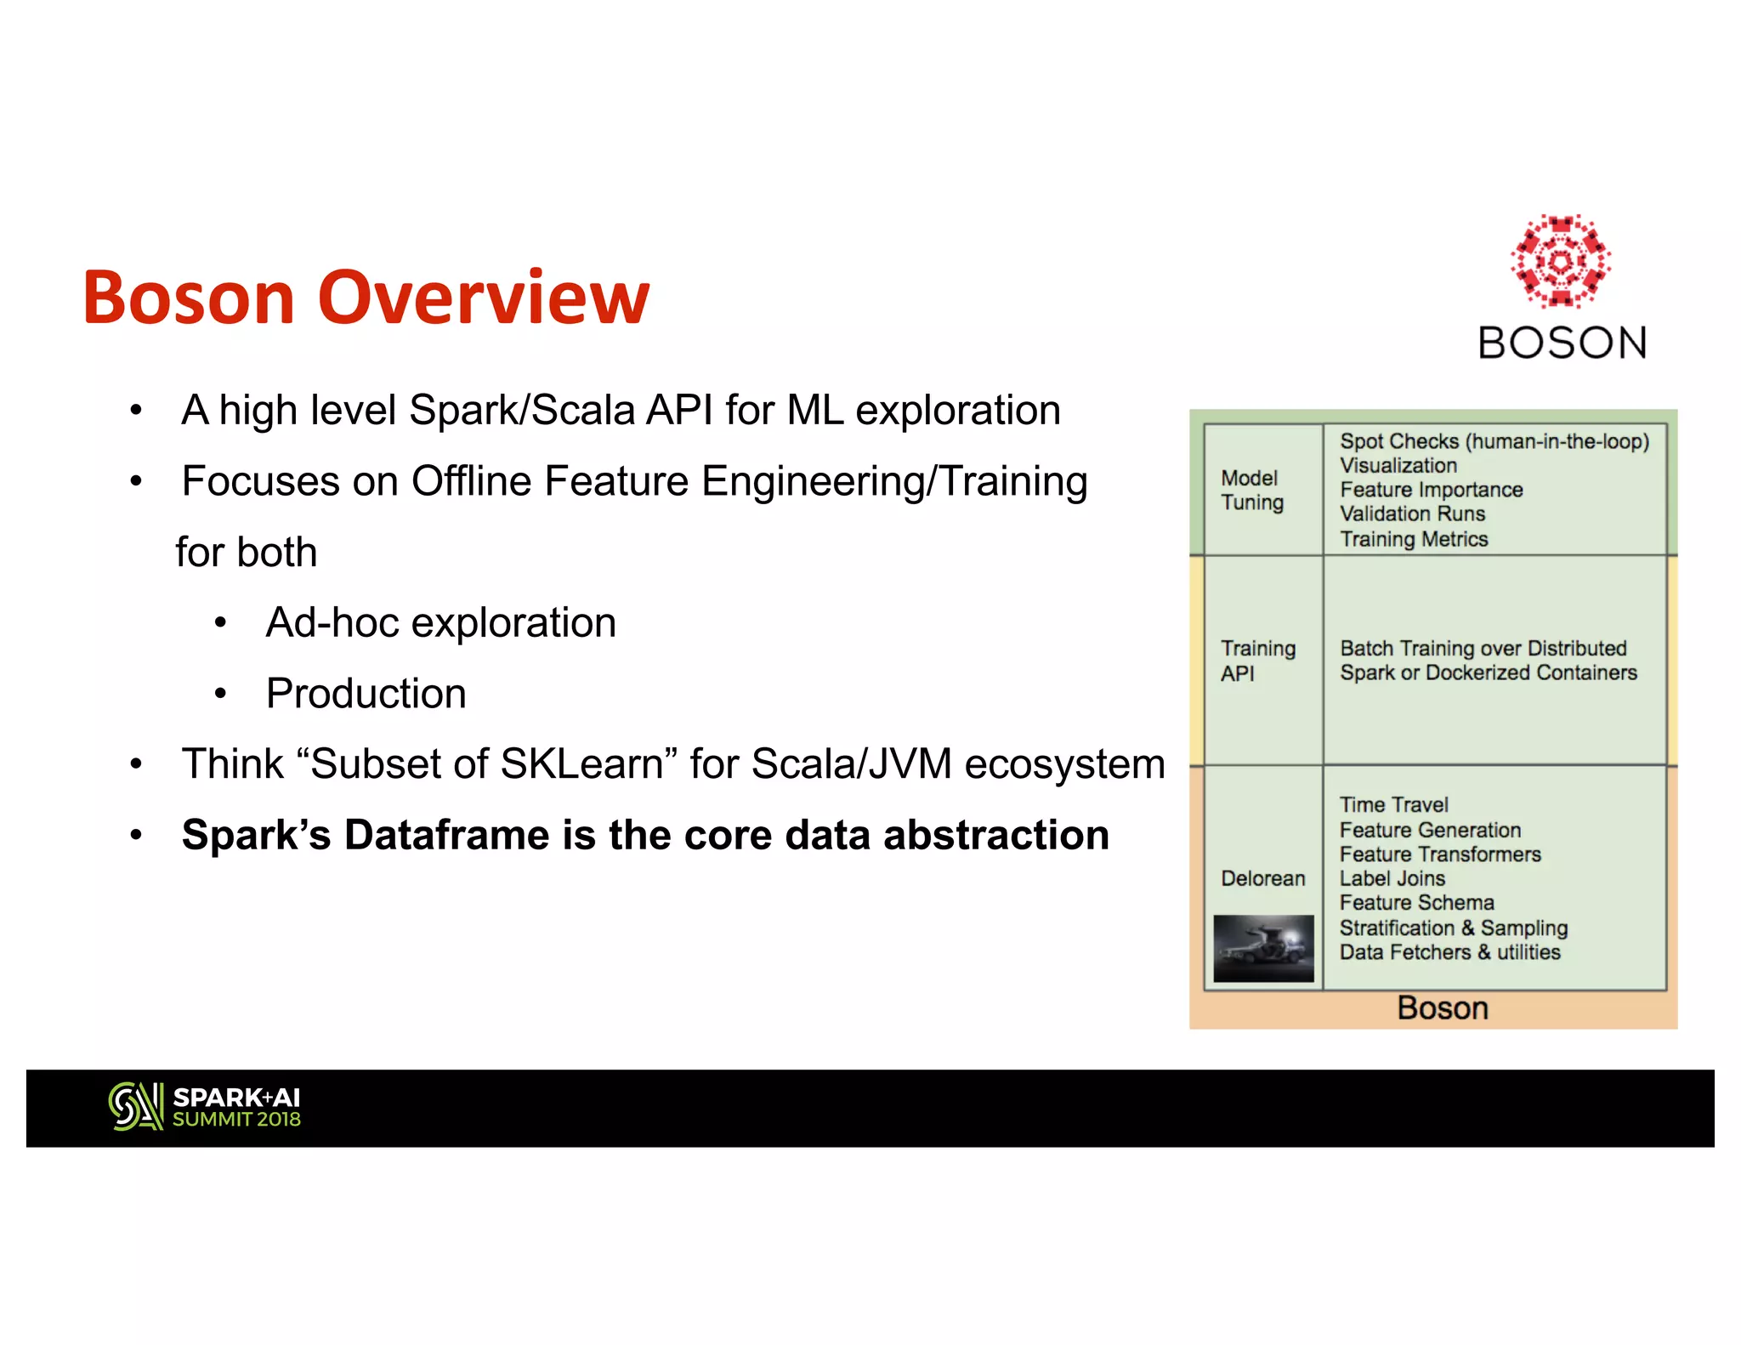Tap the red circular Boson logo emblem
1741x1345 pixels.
tap(1561, 261)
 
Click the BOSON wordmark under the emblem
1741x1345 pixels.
tap(1562, 343)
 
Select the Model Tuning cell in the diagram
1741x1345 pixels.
tap(1252, 490)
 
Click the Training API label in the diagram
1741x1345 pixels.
tap(1257, 661)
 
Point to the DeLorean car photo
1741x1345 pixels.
tap(1263, 948)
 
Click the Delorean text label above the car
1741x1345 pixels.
tap(1262, 878)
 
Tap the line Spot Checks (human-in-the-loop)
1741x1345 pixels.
tap(1494, 441)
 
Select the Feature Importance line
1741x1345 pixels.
tap(1431, 490)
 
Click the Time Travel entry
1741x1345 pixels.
tap(1393, 804)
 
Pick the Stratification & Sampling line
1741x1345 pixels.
tap(1453, 928)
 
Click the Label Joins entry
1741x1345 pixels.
tap(1392, 878)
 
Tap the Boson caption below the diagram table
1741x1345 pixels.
tap(1442, 1008)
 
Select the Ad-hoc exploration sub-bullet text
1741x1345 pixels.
tap(440, 622)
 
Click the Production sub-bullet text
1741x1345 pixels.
tap(366, 693)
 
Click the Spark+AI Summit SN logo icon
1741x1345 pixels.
tap(135, 1106)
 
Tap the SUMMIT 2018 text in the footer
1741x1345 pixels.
tap(236, 1120)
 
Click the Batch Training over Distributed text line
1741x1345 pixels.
tap(1483, 648)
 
